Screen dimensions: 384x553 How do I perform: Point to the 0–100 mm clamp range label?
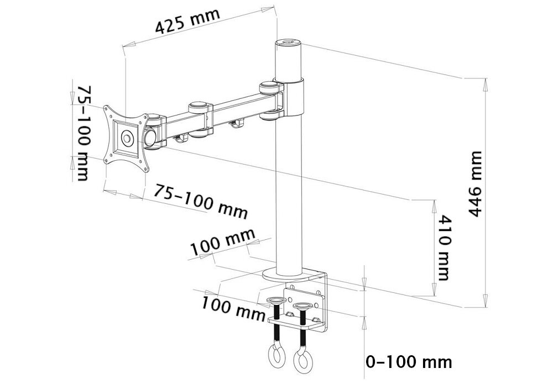(x=409, y=362)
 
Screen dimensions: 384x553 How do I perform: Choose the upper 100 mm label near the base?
(x=223, y=243)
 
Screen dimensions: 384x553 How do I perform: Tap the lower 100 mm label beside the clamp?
(x=233, y=307)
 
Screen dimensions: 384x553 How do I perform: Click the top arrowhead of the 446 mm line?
(x=486, y=83)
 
